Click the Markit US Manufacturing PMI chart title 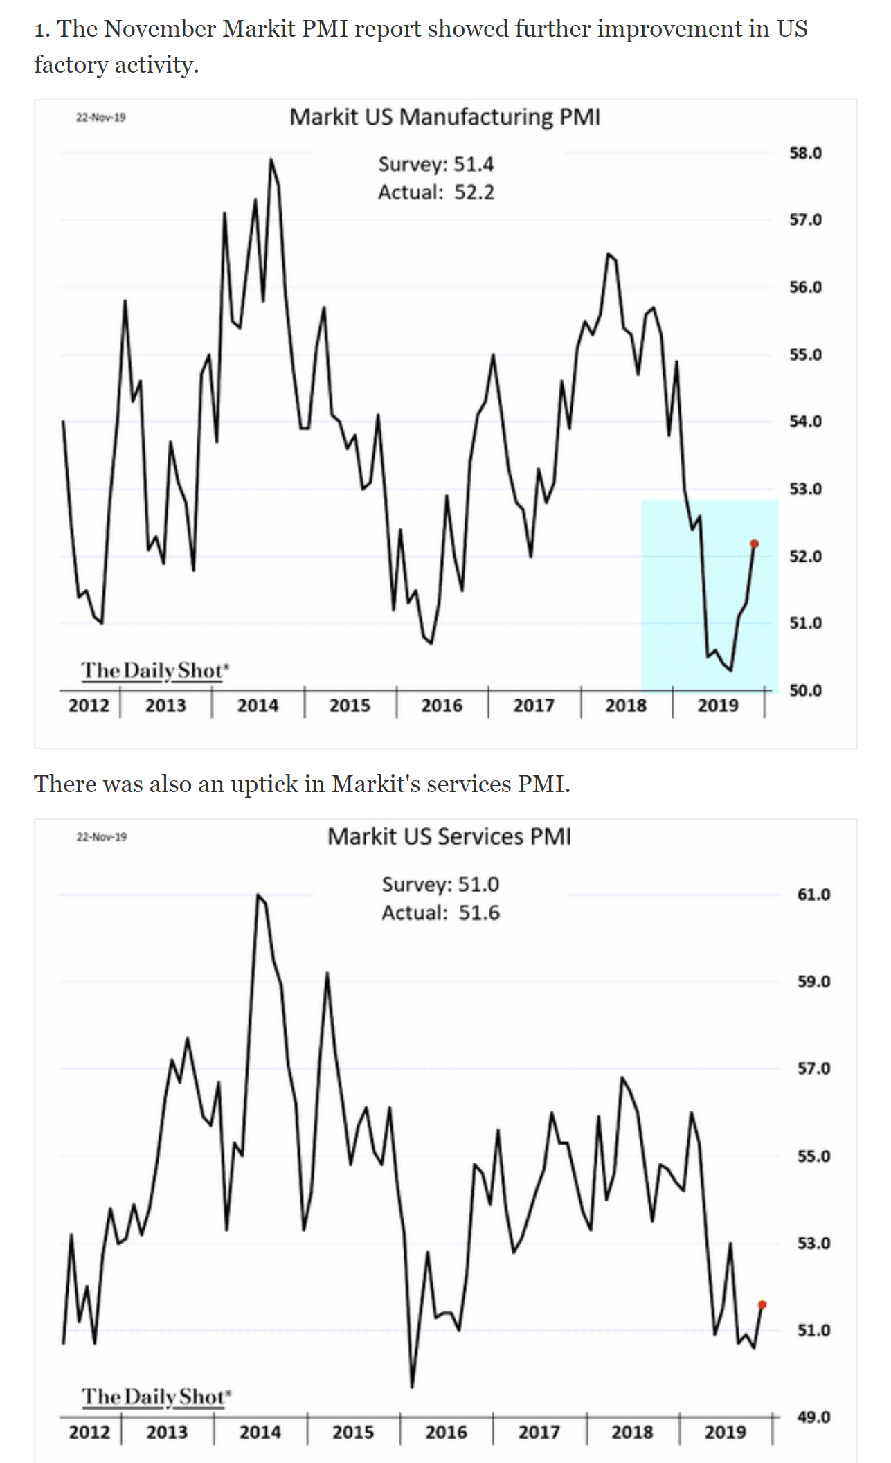tap(444, 117)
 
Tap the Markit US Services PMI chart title tap(449, 836)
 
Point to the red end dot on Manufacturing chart tap(755, 544)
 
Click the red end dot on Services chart tap(762, 1304)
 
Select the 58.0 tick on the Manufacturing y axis tap(805, 153)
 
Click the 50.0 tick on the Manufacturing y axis tap(805, 690)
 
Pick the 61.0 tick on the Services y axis tap(813, 895)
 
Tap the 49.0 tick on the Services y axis tap(813, 1417)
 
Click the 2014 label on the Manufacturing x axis tap(258, 706)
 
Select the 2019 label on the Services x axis tap(725, 1432)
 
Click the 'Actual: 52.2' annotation tap(436, 192)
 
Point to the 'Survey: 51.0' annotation tap(440, 884)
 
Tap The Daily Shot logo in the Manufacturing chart tap(154, 670)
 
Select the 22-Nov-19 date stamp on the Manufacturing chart tap(101, 118)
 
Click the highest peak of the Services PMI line tap(258, 895)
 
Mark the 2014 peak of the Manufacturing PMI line tap(271, 159)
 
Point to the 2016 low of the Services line tap(412, 1387)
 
